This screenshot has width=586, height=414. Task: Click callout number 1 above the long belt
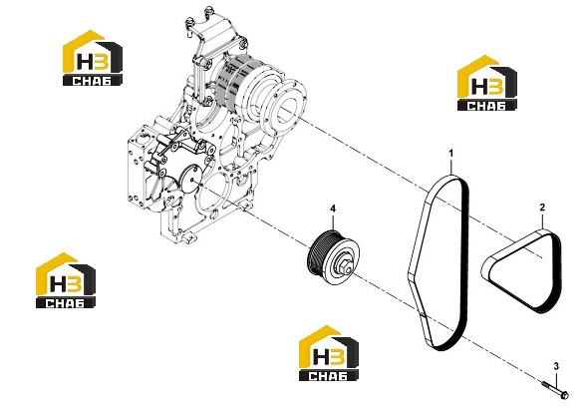coord(451,154)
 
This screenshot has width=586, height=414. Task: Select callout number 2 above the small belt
coord(542,207)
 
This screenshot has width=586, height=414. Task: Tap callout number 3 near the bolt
coord(556,366)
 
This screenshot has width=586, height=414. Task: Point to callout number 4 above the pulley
coord(333,207)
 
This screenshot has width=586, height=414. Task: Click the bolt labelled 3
coord(555,389)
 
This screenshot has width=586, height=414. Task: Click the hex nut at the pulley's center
coord(344,266)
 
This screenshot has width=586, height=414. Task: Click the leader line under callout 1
coord(451,167)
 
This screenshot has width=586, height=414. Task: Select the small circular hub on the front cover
coord(193,180)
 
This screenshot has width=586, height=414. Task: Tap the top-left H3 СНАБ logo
coord(93,58)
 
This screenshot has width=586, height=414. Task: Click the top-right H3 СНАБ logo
coord(487,83)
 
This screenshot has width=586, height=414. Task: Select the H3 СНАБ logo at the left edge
coord(66,280)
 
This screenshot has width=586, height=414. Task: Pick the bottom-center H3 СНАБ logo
coord(329,353)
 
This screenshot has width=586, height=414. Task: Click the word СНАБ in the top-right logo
coord(487,106)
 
